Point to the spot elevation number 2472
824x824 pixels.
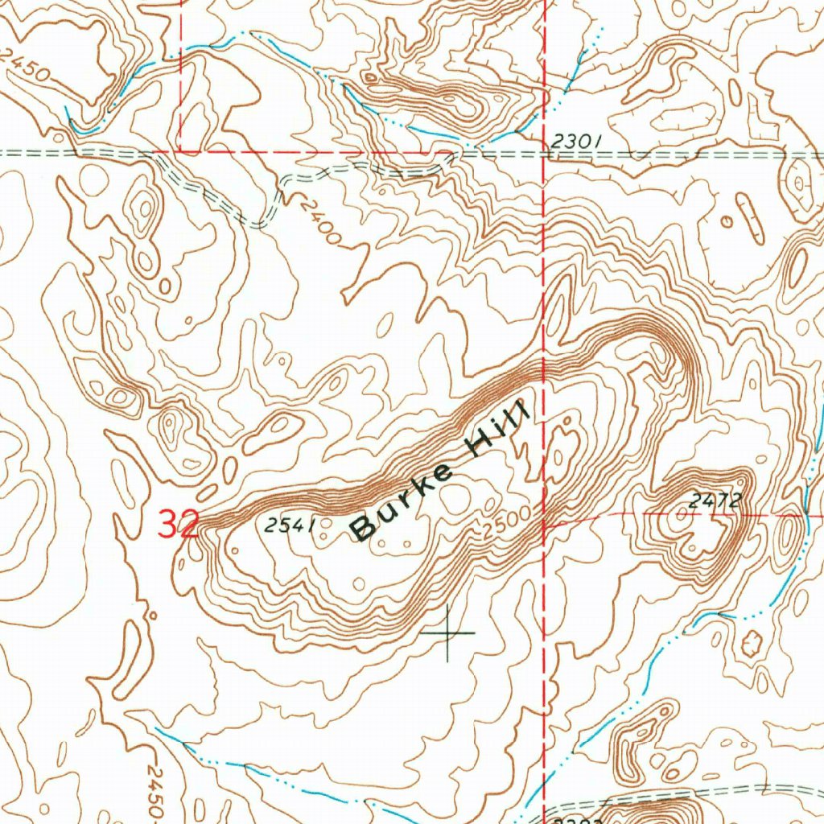(714, 501)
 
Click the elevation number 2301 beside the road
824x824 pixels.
(576, 142)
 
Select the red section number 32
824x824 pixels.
(178, 525)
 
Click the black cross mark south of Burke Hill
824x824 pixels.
(447, 633)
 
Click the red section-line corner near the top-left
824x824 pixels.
(179, 150)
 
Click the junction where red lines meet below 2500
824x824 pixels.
(545, 524)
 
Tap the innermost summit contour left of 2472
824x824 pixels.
(683, 520)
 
